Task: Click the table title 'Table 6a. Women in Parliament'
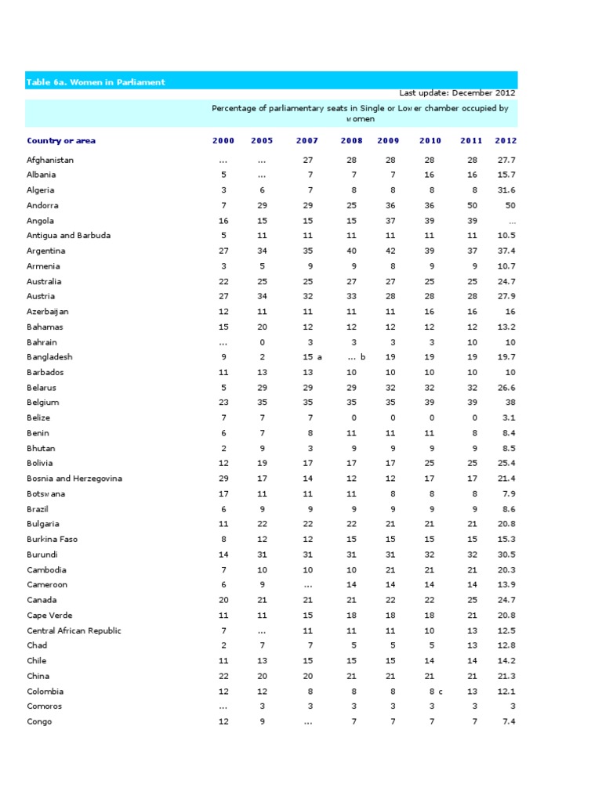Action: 96,82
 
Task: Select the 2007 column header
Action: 307,141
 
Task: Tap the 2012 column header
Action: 506,141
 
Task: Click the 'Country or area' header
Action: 61,141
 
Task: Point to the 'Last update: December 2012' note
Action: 458,92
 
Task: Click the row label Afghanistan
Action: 50,160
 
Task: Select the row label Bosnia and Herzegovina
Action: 74,479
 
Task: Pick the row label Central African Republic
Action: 74,630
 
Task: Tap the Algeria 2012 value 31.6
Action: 506,190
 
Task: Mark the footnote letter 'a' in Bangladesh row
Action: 320,357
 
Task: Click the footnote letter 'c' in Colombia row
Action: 441,692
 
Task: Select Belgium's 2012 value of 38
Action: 510,403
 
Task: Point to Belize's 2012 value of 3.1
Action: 509,418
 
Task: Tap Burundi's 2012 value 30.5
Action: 506,555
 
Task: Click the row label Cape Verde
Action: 49,616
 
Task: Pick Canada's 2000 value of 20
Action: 223,600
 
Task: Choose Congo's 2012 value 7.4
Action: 509,722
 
